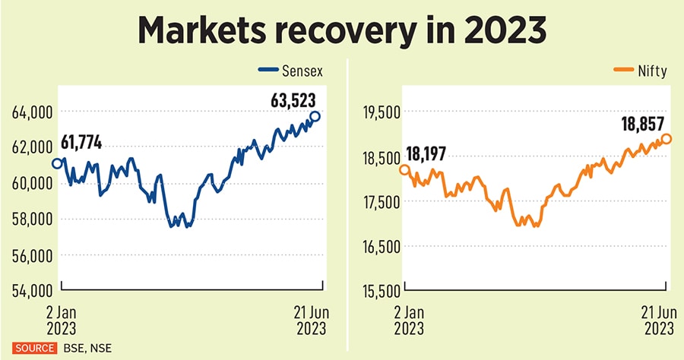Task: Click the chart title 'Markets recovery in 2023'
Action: click(x=341, y=32)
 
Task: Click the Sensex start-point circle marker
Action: click(x=57, y=163)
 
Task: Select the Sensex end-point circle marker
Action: click(x=315, y=116)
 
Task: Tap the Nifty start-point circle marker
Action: click(x=404, y=169)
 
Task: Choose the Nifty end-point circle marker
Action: click(x=667, y=139)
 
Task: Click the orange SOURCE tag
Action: click(x=33, y=348)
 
